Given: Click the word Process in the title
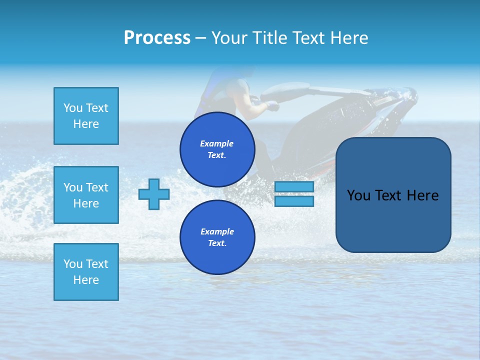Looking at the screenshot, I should (157, 38).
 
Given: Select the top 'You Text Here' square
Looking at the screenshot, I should (86, 116).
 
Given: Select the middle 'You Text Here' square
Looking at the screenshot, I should (86, 195).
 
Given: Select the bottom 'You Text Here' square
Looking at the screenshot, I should (86, 271).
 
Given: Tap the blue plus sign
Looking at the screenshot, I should (153, 194).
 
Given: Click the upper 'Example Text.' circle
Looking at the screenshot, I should (217, 149).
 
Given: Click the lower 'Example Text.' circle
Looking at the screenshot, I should (217, 237).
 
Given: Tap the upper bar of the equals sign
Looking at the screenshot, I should (294, 187).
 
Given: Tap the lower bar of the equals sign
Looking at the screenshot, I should (294, 201).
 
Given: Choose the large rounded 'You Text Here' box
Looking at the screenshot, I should (393, 195).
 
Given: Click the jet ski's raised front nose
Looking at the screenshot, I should (407, 94).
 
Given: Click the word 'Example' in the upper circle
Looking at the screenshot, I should (217, 143).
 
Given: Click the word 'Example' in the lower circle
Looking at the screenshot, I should (217, 231).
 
